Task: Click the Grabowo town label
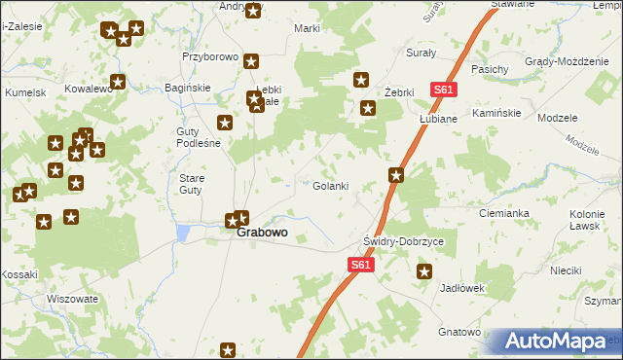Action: pyautogui.click(x=262, y=234)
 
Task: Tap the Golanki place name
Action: pyautogui.click(x=330, y=186)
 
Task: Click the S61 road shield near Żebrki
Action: pyautogui.click(x=444, y=90)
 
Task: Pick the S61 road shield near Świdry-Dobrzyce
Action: pyautogui.click(x=360, y=264)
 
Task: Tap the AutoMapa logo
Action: pyautogui.click(x=558, y=342)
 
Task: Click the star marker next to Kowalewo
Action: pyautogui.click(x=119, y=83)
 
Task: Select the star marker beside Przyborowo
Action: pyautogui.click(x=251, y=60)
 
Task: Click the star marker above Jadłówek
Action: pyautogui.click(x=423, y=271)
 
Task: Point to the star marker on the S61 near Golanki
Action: pyautogui.click(x=396, y=175)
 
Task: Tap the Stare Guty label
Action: pyautogui.click(x=191, y=184)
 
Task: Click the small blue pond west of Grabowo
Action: pyautogui.click(x=182, y=234)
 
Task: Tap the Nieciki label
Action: pyautogui.click(x=567, y=270)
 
